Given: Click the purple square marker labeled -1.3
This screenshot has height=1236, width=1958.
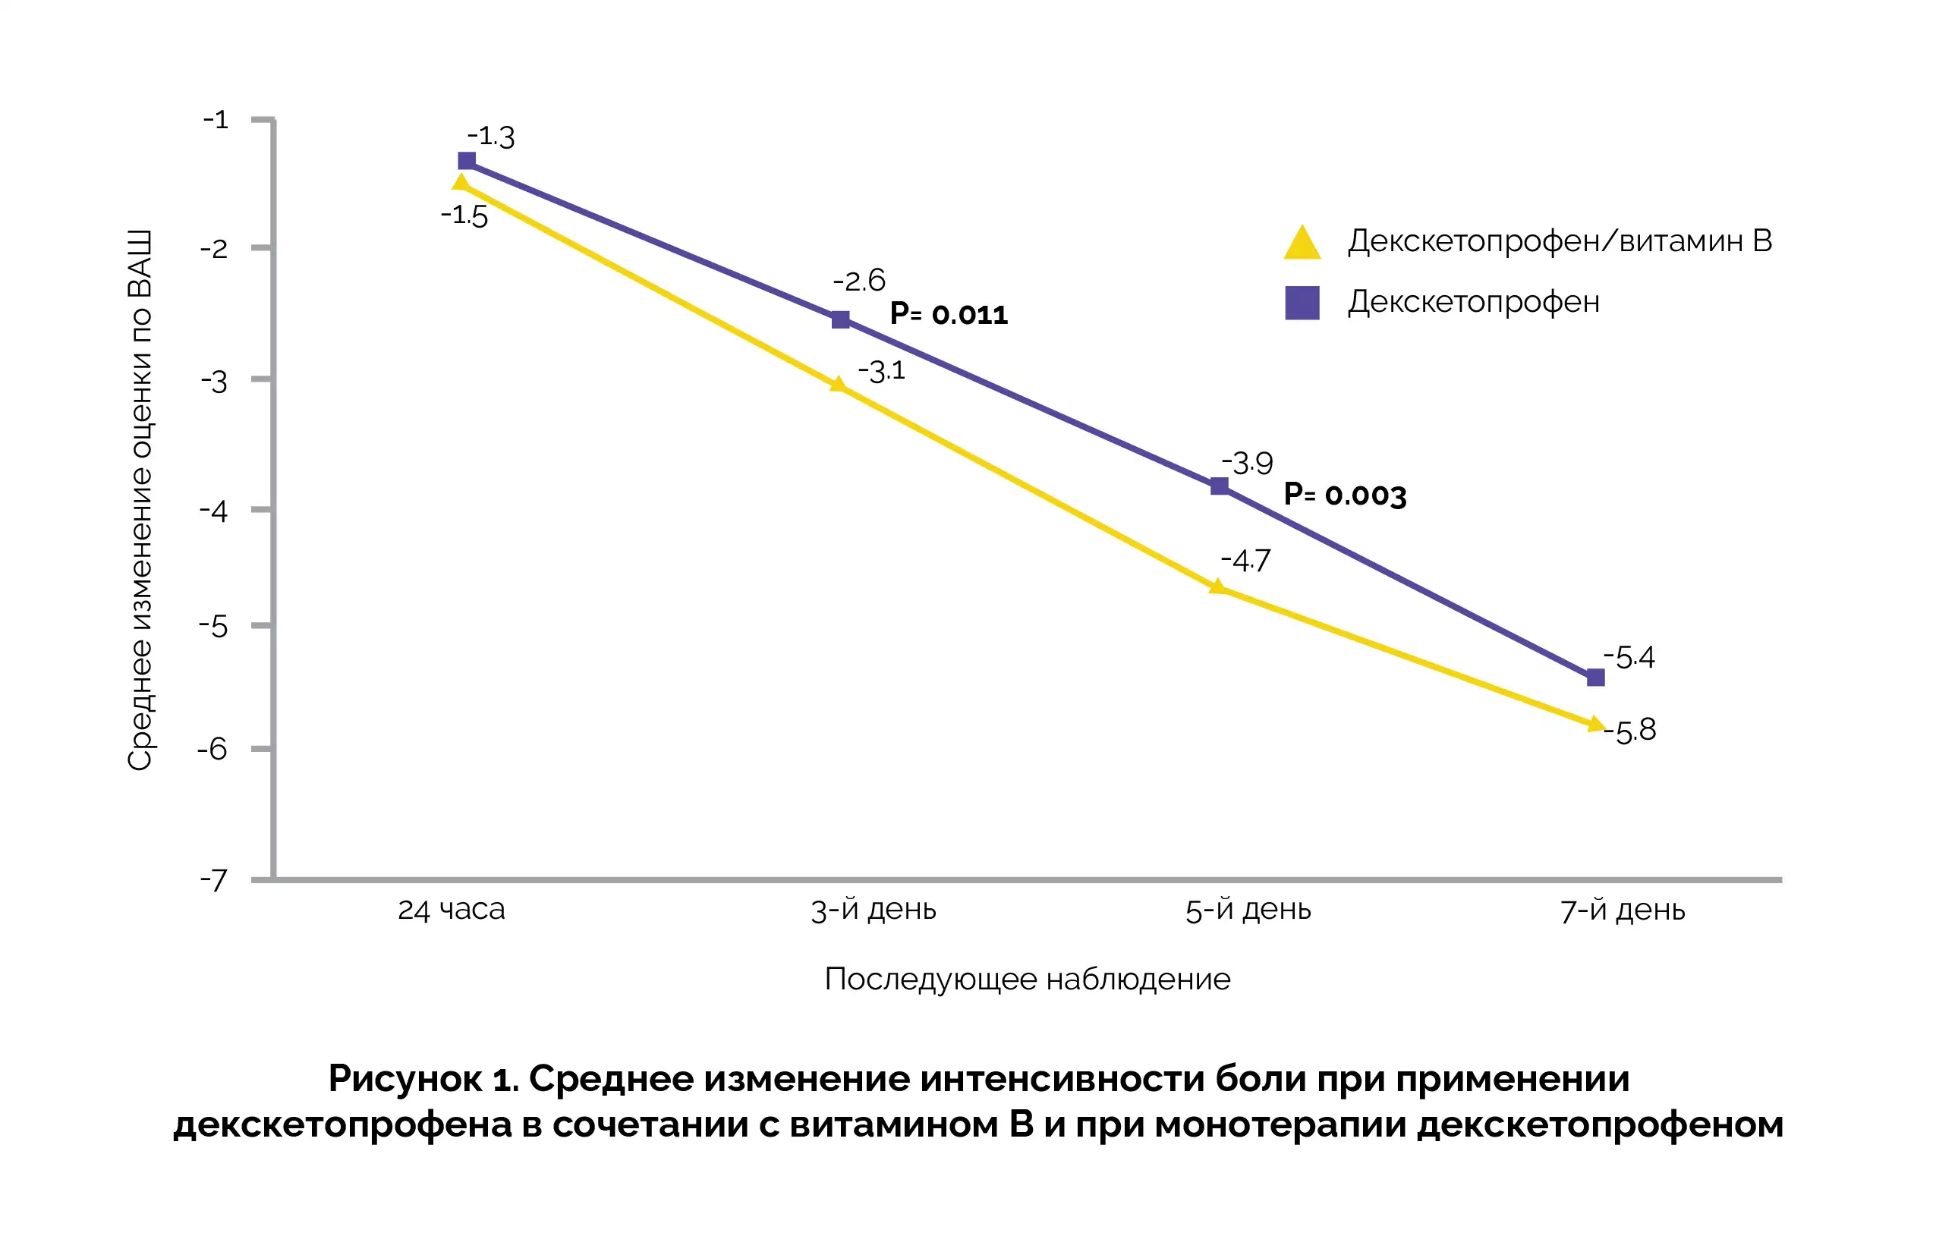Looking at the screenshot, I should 467,161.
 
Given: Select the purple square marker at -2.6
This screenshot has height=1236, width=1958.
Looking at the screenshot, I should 841,319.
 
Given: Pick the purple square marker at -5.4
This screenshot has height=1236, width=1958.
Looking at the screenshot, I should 1595,678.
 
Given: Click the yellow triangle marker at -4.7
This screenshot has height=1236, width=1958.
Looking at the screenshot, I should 1217,587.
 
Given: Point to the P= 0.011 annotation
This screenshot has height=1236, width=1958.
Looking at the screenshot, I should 948,314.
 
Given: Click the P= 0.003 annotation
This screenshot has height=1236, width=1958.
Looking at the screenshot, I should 1344,495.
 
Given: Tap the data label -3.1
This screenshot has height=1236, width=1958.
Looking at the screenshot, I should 881,371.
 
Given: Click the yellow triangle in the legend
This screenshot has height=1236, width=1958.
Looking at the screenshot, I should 1302,242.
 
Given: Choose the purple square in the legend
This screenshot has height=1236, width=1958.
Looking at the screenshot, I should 1302,303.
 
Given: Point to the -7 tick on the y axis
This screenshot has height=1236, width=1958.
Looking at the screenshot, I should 214,880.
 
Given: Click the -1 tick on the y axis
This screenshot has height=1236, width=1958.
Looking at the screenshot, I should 216,121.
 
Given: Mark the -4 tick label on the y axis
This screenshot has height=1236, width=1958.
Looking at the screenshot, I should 214,511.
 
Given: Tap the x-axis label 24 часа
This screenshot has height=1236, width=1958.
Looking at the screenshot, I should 452,909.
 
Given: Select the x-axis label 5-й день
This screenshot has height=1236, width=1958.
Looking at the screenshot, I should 1248,909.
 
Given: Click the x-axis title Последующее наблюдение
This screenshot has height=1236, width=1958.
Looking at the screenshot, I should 1027,979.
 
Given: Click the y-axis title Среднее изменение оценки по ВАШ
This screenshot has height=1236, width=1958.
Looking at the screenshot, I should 140,500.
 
